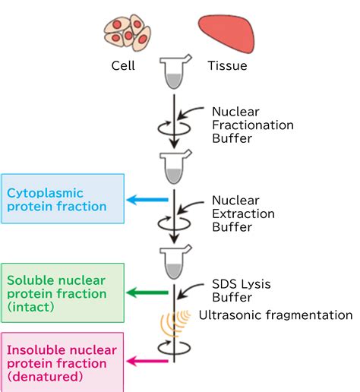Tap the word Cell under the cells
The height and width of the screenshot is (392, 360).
click(123, 66)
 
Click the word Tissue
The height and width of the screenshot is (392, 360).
click(227, 66)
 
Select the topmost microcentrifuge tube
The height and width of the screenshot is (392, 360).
click(175, 72)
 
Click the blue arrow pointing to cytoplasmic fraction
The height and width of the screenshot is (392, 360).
click(147, 200)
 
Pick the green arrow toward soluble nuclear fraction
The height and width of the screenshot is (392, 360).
click(147, 292)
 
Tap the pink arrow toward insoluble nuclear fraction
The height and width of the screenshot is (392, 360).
click(147, 361)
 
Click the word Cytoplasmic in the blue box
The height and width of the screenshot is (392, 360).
click(45, 194)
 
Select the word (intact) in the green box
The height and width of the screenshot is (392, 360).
click(30, 307)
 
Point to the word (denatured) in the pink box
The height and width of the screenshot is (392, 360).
click(45, 377)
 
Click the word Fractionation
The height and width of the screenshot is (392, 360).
click(253, 125)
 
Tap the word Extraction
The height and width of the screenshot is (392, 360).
click(243, 213)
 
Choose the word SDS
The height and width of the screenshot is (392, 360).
click(223, 284)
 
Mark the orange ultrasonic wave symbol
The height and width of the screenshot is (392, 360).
click(175, 323)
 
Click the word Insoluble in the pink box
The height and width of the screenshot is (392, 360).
click(37, 350)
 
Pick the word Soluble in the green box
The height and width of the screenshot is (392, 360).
click(32, 280)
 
